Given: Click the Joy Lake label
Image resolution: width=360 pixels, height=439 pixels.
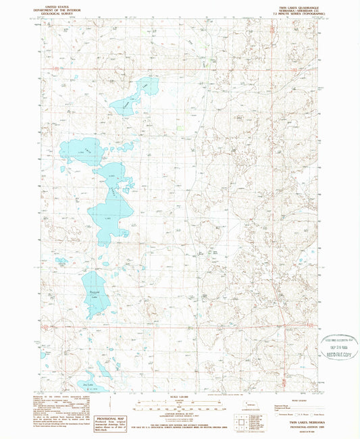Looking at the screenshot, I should coord(85,383).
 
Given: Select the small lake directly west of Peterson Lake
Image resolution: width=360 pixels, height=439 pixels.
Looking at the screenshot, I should coord(61,261).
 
